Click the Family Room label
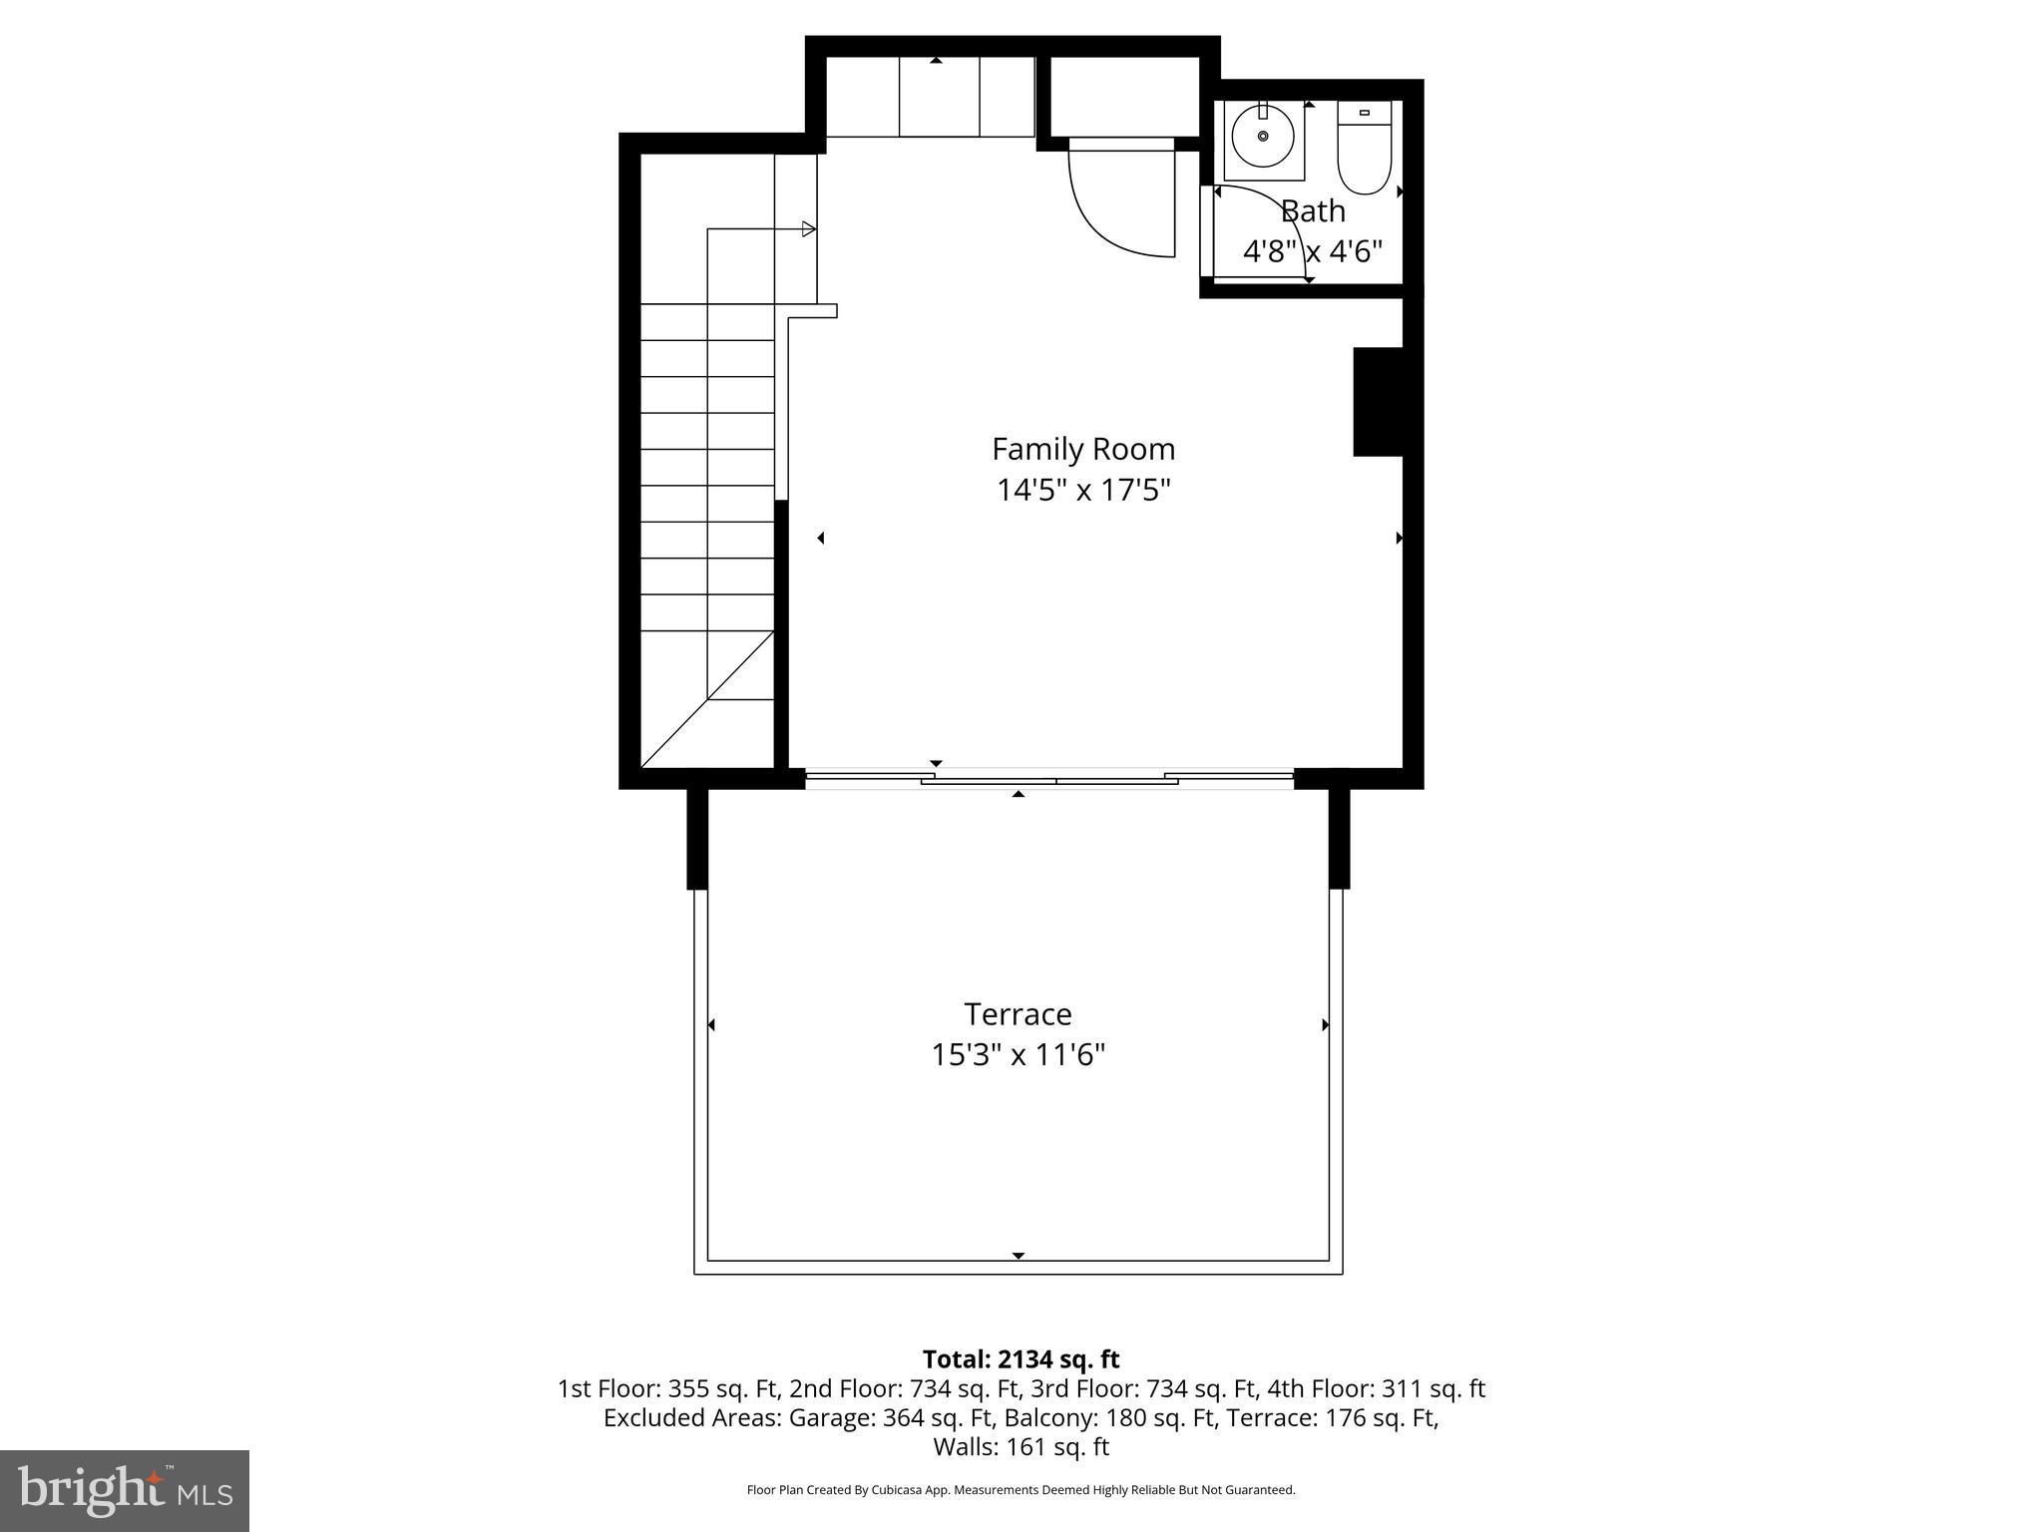[x=1082, y=449]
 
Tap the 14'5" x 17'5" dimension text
[x=1082, y=491]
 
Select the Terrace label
[x=1018, y=1014]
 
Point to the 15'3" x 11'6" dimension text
[x=1018, y=1055]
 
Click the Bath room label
[x=1313, y=211]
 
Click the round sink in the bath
[x=1263, y=137]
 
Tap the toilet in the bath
[x=1364, y=150]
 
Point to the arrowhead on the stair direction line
[x=809, y=229]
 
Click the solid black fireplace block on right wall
[x=1378, y=402]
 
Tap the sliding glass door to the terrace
[x=1049, y=778]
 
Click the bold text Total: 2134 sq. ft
[x=1021, y=1359]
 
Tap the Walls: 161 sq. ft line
[x=1021, y=1446]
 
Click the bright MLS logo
[x=125, y=1490]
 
